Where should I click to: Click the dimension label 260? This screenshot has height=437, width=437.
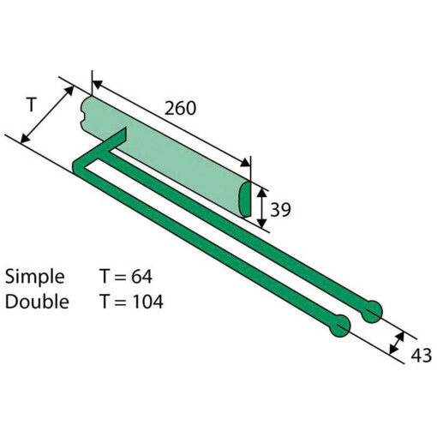pos(180,108)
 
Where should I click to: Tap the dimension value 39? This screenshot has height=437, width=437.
pos(280,210)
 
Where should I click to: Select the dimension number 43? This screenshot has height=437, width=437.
pos(421,356)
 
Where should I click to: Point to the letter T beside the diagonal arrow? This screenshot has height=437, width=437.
pos(32,105)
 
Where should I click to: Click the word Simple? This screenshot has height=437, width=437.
pos(35,277)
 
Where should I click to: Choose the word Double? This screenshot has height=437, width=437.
pos(37,302)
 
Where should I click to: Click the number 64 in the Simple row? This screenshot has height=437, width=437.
pos(141,276)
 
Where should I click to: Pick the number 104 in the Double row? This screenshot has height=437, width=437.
pos(148,302)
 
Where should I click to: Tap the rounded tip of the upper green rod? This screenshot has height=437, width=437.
pos(372,312)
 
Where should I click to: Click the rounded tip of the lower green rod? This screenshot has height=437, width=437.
pos(339,326)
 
